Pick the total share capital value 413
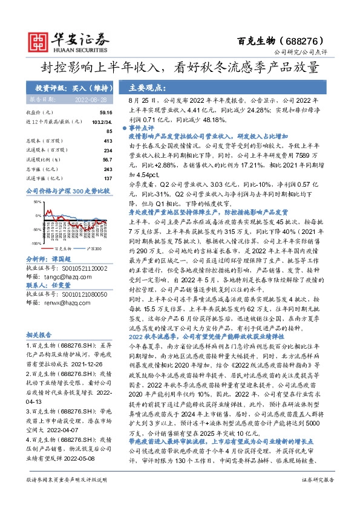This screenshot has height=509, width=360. coord(108,140)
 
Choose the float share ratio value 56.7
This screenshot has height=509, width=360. coord(106,160)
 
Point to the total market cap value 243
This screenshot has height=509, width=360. coord(108,169)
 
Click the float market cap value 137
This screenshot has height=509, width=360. coord(108,178)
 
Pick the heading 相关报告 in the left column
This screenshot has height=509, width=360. coord(39,333)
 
